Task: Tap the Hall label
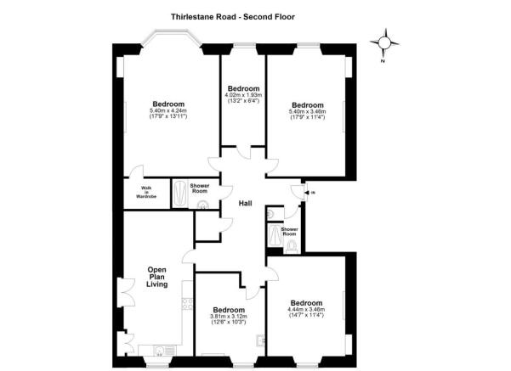pyautogui.click(x=246, y=204)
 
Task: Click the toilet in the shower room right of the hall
pyautogui.click(x=291, y=246)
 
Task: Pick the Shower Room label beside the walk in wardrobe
pyautogui.click(x=200, y=188)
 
